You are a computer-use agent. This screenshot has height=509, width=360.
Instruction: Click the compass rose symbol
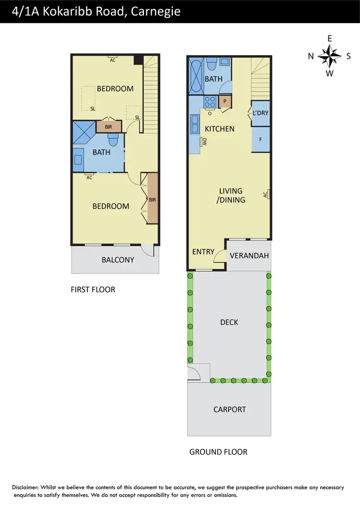(x=330, y=56)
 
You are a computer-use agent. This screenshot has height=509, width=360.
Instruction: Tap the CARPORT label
(x=229, y=409)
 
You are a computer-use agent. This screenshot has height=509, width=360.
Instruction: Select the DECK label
(x=229, y=322)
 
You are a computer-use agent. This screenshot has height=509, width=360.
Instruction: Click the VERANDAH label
(x=249, y=255)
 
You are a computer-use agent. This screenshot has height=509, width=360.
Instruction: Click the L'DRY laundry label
(x=261, y=113)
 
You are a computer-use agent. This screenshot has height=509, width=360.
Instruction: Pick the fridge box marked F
(x=261, y=139)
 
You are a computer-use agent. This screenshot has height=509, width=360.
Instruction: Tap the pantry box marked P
(x=225, y=102)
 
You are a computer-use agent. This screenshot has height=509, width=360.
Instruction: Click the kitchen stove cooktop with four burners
(x=210, y=102)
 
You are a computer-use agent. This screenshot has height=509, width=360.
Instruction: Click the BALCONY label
(x=118, y=260)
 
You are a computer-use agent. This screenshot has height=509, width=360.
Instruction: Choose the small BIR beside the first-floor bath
(x=108, y=127)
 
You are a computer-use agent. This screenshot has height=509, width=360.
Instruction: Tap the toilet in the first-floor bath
(x=113, y=140)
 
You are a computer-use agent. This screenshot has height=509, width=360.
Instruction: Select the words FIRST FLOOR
(x=93, y=289)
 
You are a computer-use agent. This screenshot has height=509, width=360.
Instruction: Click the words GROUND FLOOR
(x=218, y=451)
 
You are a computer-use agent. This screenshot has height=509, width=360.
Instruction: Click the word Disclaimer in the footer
(x=27, y=487)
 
